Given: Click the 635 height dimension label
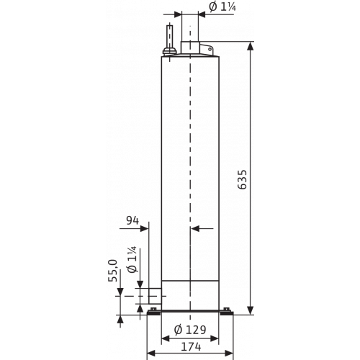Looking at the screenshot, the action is pos(243,179).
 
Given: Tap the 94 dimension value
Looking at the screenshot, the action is pos(132,220).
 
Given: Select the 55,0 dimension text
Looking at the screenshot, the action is pos(113,271).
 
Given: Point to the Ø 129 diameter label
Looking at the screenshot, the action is pos(190,330).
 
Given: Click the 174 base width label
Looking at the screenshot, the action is pos(191,347).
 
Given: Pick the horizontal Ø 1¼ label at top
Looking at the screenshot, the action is pos(222,6).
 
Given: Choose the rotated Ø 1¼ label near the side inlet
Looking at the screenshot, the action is pos(132,259).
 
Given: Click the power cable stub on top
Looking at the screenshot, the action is pos(170,37).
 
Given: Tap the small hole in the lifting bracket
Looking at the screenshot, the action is pos(210,49).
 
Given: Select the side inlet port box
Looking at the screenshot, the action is pos(155,296).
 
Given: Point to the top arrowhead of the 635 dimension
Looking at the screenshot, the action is pos(251,46).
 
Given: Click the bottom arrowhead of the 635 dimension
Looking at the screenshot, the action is pos(251,310).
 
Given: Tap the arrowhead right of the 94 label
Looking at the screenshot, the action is pos(145,228).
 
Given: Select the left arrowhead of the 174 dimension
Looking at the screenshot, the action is pos(150,353).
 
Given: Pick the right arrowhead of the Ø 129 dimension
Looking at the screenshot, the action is pos(215,338).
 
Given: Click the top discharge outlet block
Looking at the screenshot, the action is pos(191,48).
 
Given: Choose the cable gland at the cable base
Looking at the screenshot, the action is pos(170,51).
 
